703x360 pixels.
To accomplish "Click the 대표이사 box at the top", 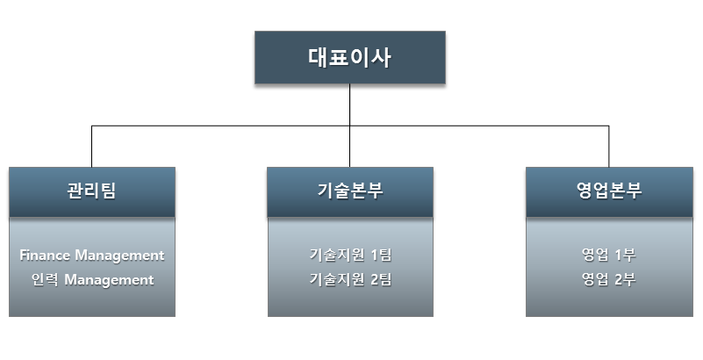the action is coord(349,57).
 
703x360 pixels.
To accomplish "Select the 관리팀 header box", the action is coord(92,192).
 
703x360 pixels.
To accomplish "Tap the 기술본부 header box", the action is coord(350,192).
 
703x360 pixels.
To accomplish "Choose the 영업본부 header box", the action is coord(609,192).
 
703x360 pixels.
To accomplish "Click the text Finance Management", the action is coord(92,256).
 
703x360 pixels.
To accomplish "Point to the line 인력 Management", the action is coord(92,280).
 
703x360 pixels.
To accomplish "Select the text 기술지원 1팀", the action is coord(350,255).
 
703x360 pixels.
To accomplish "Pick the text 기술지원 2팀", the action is coord(350,279).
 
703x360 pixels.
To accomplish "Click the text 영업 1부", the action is coord(609,255).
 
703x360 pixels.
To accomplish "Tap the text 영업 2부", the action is coord(609,279).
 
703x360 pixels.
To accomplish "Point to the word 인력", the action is coord(45,279).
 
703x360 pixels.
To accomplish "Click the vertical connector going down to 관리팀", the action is coord(92,146).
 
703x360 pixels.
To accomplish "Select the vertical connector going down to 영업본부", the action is coord(609,146).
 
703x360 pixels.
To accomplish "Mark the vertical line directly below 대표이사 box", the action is coord(349,126).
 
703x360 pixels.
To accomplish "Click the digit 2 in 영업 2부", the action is coord(619,280).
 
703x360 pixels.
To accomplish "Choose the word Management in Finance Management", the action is coord(119,256).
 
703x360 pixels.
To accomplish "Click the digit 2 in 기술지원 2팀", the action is coord(375,280).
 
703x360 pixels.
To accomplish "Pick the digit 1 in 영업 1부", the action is coord(619,256).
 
